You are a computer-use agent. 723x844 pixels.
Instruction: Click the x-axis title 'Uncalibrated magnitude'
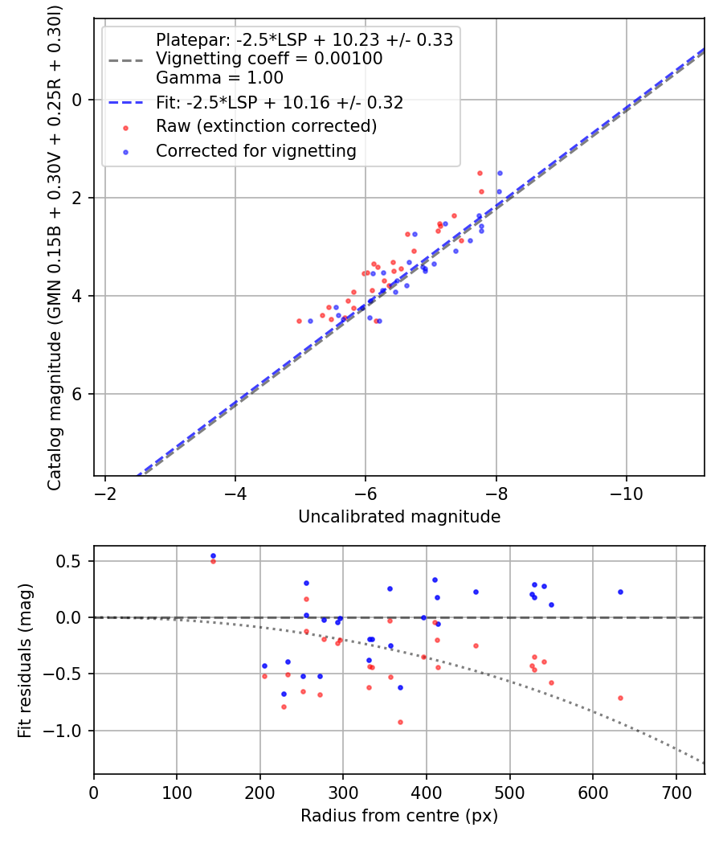pyautogui.click(x=399, y=517)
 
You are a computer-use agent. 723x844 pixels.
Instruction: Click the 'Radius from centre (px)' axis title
pyautogui.click(x=399, y=816)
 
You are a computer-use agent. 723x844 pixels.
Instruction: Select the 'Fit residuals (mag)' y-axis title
pyautogui.click(x=25, y=659)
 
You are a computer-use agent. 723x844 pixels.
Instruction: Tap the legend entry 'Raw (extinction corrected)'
pyautogui.click(x=266, y=126)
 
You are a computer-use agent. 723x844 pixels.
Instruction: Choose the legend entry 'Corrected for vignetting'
pyautogui.click(x=256, y=150)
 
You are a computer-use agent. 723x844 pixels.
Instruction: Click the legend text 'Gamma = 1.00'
pyautogui.click(x=219, y=79)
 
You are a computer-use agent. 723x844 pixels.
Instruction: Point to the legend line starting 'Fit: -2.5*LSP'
pyautogui.click(x=279, y=103)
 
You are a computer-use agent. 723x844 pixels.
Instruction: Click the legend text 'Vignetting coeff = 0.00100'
pyautogui.click(x=269, y=59)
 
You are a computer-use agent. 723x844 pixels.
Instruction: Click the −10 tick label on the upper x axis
pyautogui.click(x=626, y=493)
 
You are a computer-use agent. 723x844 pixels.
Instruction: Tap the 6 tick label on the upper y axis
pyautogui.click(x=78, y=394)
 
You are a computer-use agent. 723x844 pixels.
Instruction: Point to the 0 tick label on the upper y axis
pyautogui.click(x=78, y=100)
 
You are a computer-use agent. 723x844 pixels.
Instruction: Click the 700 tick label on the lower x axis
pyautogui.click(x=676, y=792)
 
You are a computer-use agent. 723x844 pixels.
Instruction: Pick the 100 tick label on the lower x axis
pyautogui.click(x=177, y=792)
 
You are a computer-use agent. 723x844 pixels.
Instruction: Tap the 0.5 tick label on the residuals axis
pyautogui.click(x=72, y=561)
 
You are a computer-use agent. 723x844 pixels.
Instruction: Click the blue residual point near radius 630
pyautogui.click(x=620, y=592)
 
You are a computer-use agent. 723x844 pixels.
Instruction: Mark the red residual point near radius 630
pyautogui.click(x=620, y=698)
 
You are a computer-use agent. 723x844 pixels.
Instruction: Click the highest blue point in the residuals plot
pyautogui.click(x=213, y=555)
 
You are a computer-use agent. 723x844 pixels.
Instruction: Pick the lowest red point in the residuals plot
pyautogui.click(x=400, y=722)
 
